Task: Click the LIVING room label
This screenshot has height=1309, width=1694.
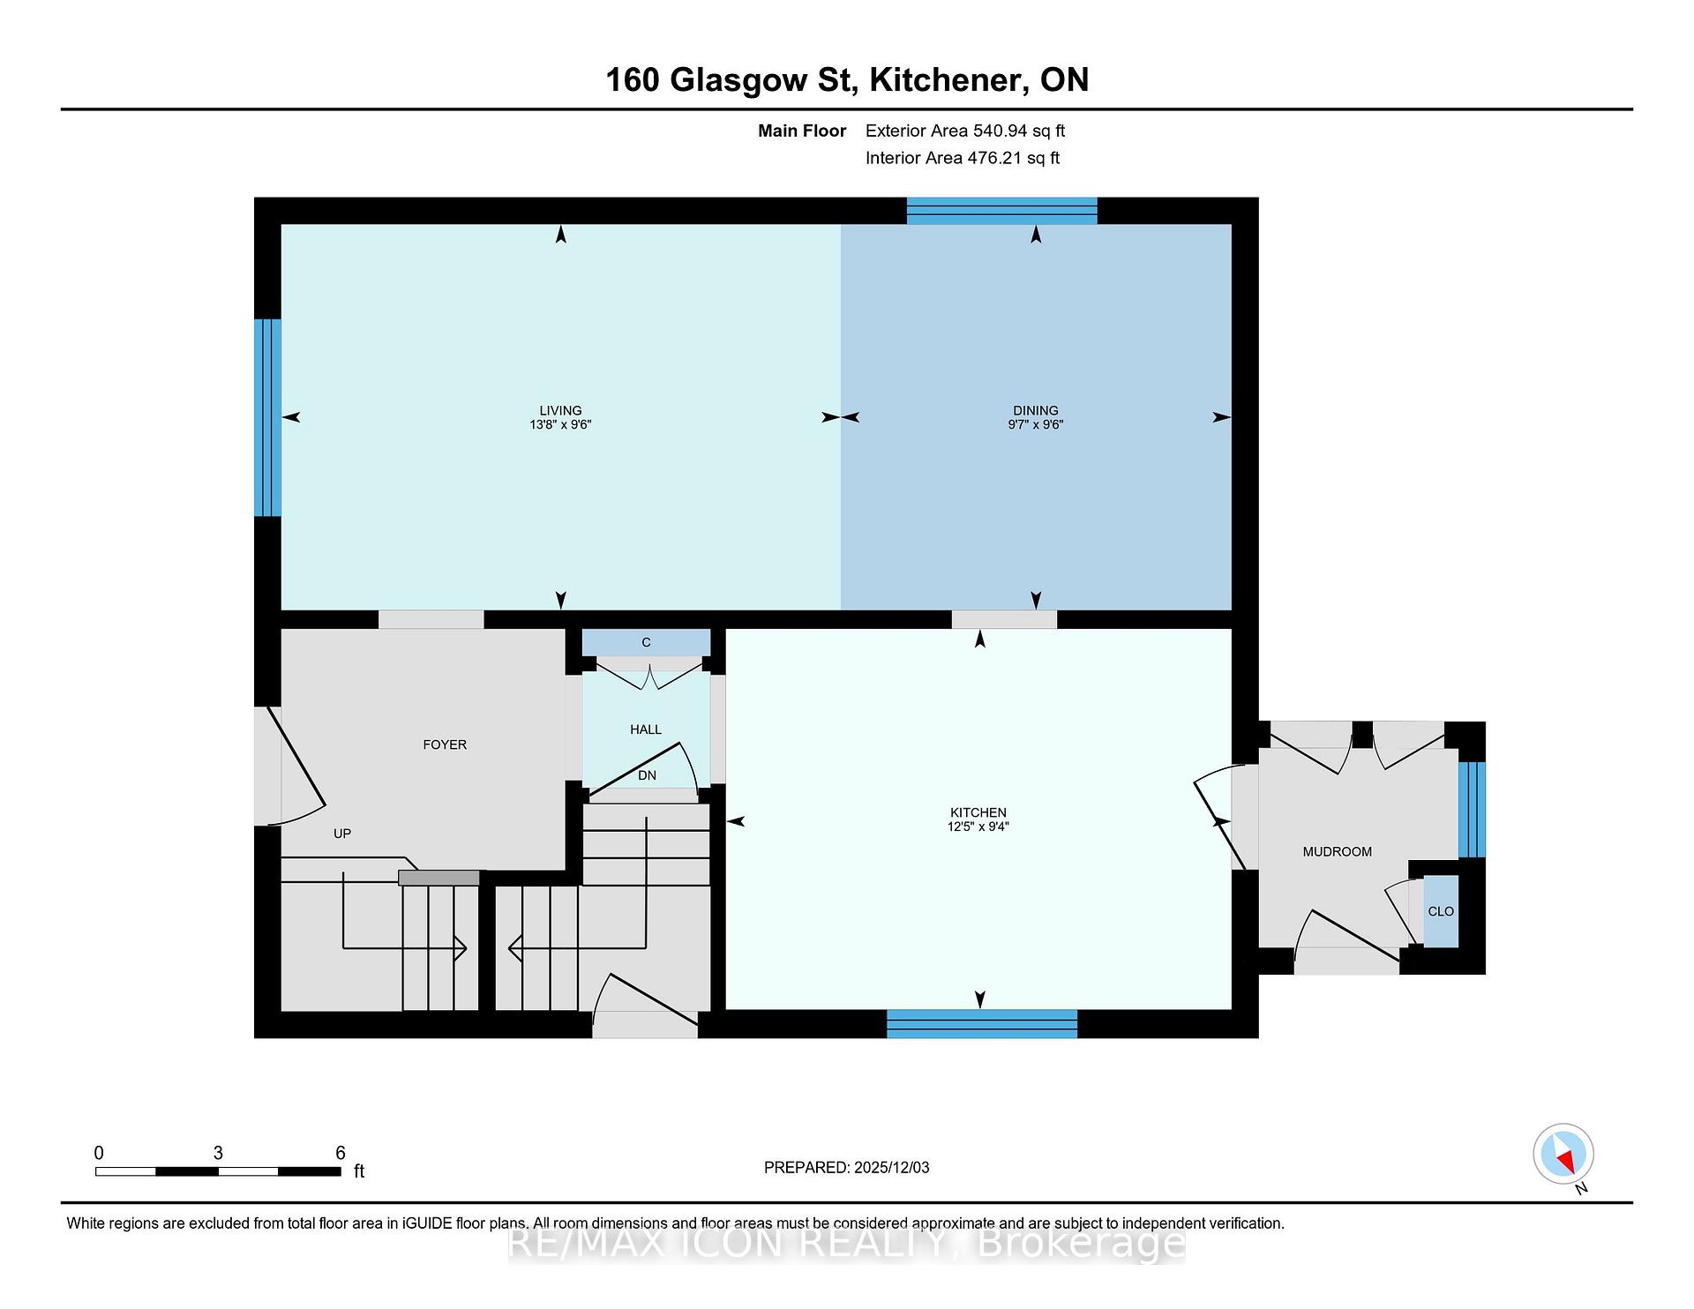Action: point(560,410)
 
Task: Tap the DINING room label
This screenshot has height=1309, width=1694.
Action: point(1035,410)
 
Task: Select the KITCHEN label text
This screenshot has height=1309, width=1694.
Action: point(978,812)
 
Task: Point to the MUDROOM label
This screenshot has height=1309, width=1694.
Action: point(1337,851)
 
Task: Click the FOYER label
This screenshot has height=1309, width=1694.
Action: point(445,744)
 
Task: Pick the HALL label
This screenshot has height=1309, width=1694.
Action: point(646,729)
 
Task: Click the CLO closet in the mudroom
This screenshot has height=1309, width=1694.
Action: point(1441,911)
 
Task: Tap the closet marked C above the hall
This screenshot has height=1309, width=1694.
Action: point(646,642)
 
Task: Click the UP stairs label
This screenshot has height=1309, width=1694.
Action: point(342,834)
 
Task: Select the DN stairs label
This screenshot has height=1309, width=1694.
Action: point(648,775)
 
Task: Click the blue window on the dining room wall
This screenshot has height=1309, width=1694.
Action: point(1002,211)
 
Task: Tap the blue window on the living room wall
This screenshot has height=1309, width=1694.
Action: point(268,417)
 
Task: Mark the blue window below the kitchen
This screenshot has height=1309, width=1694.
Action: point(982,1023)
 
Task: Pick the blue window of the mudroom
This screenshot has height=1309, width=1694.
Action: point(1472,810)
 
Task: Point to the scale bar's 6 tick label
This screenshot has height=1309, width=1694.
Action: point(341,1153)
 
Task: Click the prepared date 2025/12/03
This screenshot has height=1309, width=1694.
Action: point(891,1167)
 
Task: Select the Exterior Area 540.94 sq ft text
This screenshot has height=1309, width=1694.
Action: point(965,131)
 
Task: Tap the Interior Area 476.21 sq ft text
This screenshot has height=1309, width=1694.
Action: point(963,158)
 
